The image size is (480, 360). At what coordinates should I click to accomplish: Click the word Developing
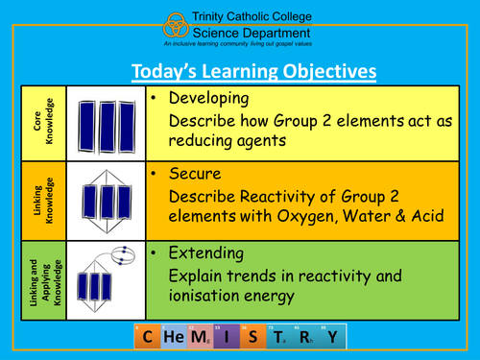pyautogui.click(x=207, y=99)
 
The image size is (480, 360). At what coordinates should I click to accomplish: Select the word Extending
pyautogui.click(x=204, y=254)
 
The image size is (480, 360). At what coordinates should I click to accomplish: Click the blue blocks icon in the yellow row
pyautogui.click(x=107, y=124)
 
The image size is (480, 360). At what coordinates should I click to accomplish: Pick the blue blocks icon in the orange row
pyautogui.click(x=107, y=202)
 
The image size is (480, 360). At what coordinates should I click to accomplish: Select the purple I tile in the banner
pyautogui.click(x=227, y=338)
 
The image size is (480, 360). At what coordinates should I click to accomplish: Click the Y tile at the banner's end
pyautogui.click(x=332, y=338)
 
